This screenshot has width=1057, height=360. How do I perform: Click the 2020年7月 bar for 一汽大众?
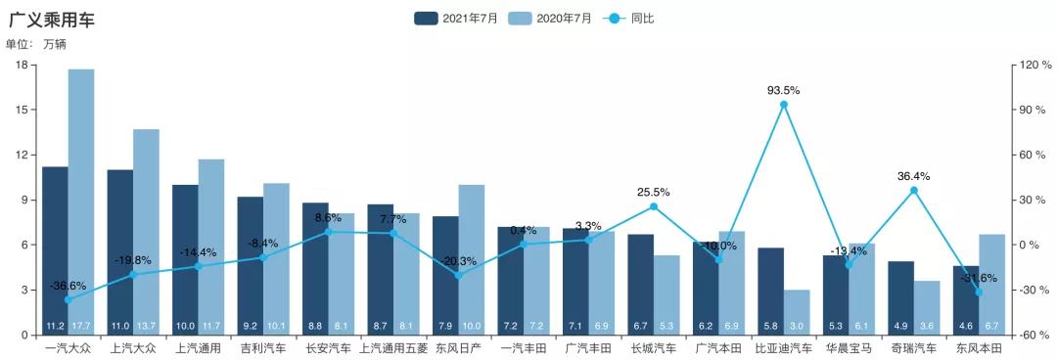pyautogui.click(x=81, y=196)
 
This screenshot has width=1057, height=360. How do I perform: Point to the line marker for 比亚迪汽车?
pyautogui.click(x=784, y=105)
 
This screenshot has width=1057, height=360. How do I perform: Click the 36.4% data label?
pyautogui.click(x=913, y=177)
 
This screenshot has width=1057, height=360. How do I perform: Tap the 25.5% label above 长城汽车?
pyautogui.click(x=653, y=193)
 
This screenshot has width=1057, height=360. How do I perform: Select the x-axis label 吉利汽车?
pyautogui.click(x=263, y=347)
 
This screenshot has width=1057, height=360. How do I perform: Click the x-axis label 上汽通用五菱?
pyautogui.click(x=393, y=347)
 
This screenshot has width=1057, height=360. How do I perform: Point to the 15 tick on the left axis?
pyautogui.click(x=23, y=110)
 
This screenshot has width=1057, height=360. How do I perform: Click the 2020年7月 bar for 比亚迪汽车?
pyautogui.click(x=797, y=311)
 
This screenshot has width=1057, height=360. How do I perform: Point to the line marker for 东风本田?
pyautogui.click(x=979, y=292)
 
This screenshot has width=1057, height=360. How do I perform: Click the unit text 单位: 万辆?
pyautogui.click(x=36, y=44)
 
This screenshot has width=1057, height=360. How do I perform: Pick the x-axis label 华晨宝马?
pyautogui.click(x=849, y=347)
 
